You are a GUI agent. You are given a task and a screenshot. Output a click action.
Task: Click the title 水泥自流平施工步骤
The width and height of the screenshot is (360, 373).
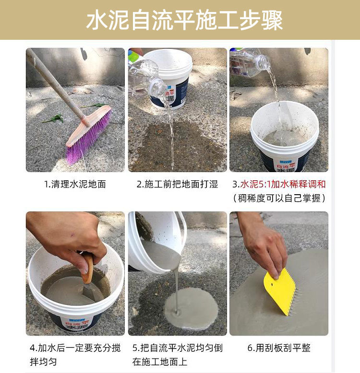(184, 21)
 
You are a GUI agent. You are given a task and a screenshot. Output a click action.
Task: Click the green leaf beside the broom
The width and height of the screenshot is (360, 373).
(54, 118)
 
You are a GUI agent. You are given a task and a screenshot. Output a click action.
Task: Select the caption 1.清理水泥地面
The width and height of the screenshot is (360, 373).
(75, 184)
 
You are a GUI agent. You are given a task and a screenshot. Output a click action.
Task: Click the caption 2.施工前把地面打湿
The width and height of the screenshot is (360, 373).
(178, 184)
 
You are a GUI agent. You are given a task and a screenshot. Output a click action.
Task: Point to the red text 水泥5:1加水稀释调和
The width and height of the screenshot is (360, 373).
(283, 184)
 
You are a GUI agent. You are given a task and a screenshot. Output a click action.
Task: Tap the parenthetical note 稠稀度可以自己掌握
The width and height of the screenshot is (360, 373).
(279, 198)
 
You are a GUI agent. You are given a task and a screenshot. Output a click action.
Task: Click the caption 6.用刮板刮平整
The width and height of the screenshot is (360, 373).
(279, 348)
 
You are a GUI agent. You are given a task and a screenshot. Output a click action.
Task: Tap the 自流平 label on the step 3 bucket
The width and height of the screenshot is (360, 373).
(285, 164)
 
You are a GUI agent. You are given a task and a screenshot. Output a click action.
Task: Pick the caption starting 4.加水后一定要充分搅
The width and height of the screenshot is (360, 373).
(75, 355)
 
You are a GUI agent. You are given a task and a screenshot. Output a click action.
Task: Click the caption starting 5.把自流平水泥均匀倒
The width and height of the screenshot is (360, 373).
(178, 355)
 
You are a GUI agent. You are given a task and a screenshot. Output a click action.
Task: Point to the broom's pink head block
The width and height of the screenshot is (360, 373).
(89, 126)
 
